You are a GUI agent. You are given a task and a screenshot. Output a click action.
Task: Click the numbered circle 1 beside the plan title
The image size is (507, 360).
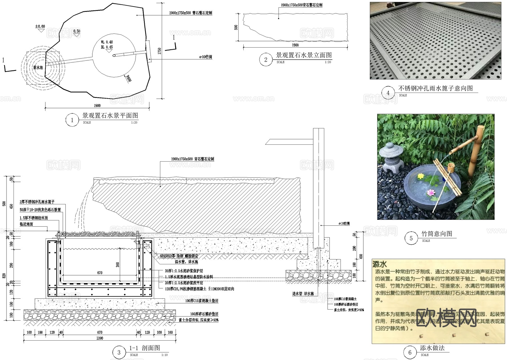coord(72,120)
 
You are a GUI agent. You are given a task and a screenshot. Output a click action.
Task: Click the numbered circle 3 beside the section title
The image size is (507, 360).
coord(119,352)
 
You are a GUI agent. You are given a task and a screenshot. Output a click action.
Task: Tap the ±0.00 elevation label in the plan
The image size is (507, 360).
coord(40,26)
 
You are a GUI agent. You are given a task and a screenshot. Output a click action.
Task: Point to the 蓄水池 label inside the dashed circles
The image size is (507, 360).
coord(38,68)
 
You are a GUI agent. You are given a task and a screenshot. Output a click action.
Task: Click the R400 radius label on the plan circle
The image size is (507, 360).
coord(128,79)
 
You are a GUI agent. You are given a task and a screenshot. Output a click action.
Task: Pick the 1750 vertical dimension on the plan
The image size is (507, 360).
coord(159,51)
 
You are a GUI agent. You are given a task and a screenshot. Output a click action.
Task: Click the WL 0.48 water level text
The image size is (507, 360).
coord(107,42)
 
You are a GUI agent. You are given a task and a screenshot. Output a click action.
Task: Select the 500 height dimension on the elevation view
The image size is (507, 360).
coord(236,27)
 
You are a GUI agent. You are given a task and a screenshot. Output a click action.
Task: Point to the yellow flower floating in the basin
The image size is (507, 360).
coord(421,176)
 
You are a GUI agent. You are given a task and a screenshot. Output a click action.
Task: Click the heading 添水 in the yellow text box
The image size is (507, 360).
coord(380,264)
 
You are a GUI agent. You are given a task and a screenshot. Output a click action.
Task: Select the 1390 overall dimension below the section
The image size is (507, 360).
coord(100,338)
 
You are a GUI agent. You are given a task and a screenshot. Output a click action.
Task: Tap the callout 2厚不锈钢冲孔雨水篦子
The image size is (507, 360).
coord(37,202)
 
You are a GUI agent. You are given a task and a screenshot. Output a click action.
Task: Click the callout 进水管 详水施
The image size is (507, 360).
coord(303,294)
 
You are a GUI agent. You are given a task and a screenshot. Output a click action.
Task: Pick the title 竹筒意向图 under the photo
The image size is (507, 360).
coord(437,234)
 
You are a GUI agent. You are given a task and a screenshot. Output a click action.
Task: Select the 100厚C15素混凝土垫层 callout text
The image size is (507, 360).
coord(202,301)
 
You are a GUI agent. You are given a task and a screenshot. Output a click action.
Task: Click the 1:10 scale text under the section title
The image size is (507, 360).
coord(164,355)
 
